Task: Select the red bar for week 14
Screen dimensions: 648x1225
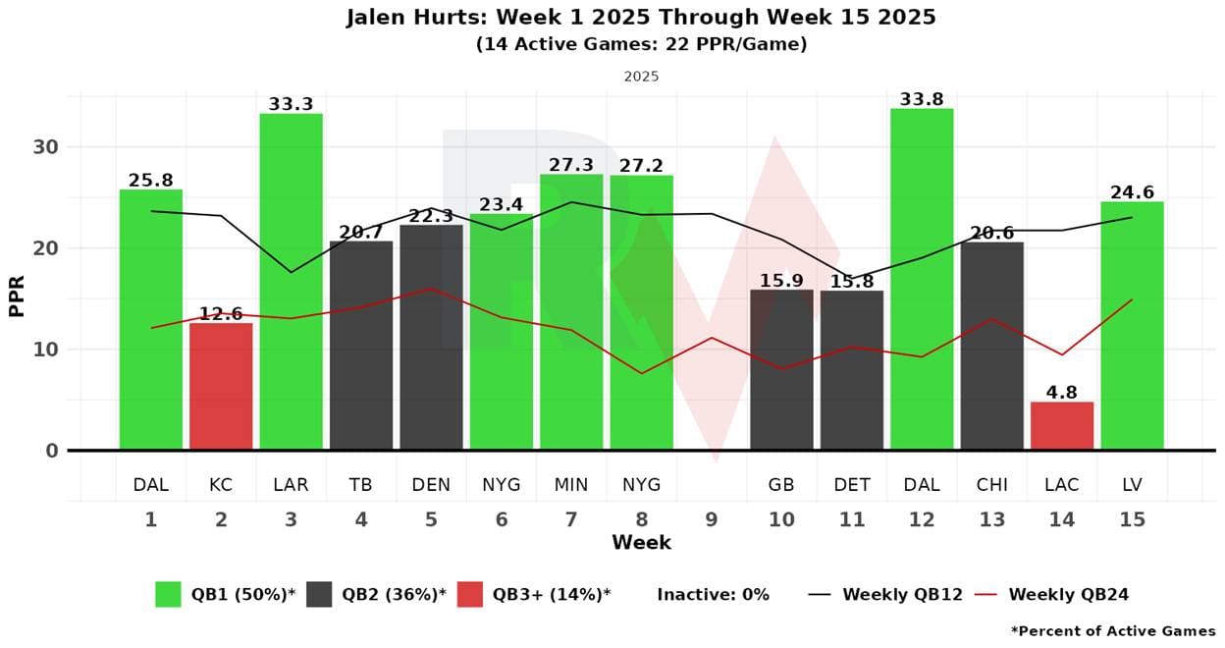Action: coord(1062,425)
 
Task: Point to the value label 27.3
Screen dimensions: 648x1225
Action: coord(571,165)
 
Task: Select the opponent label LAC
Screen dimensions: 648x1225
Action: coord(1062,485)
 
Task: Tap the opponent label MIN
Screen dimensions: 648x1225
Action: coord(571,485)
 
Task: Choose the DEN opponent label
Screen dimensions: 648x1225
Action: coord(431,485)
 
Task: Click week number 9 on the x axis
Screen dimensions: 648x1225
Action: coord(712,519)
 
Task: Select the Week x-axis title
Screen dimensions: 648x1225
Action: coord(641,543)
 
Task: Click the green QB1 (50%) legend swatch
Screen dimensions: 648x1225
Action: coord(168,594)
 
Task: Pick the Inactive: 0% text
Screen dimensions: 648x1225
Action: coord(713,594)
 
